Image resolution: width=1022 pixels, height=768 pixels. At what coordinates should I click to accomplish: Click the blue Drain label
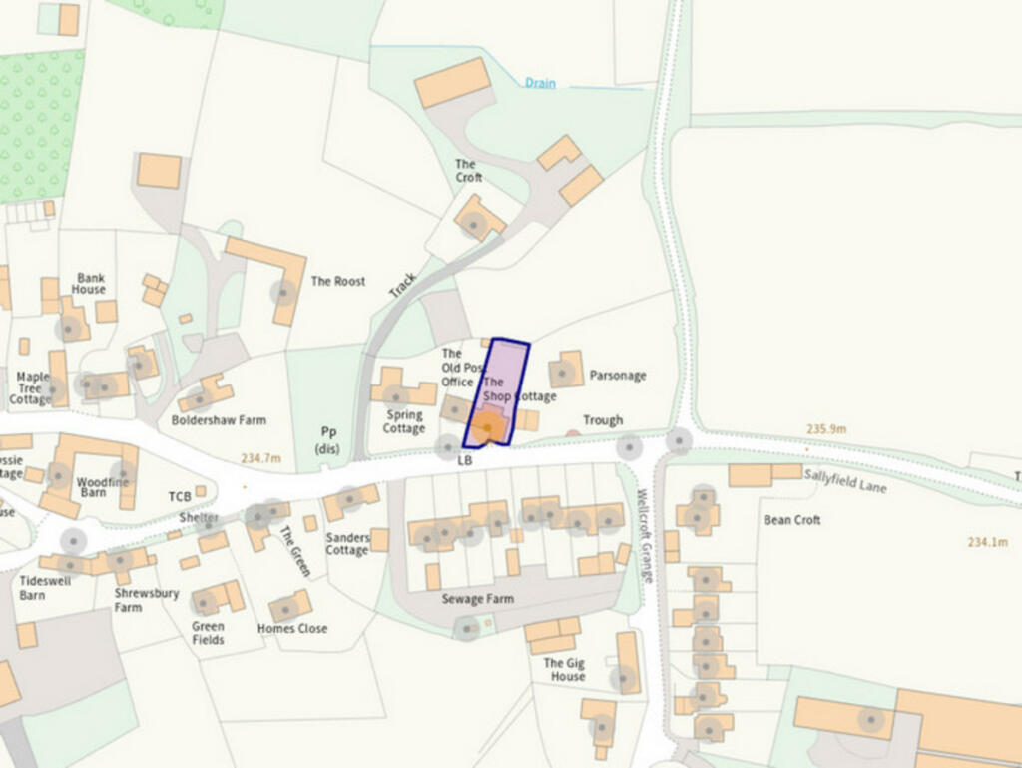(540, 84)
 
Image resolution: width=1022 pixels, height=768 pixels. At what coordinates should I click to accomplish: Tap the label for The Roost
(338, 282)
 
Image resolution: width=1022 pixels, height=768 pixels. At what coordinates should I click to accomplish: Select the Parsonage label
(618, 376)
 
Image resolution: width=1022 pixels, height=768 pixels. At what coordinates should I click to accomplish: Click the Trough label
(603, 420)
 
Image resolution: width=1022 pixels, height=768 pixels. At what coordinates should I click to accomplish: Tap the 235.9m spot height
(826, 429)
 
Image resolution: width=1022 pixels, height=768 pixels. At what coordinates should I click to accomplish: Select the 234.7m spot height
(260, 458)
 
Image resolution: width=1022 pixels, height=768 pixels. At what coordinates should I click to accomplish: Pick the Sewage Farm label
(478, 599)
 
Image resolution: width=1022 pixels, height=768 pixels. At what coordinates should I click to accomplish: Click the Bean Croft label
(792, 520)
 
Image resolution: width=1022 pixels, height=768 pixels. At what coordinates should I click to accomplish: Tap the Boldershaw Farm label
(219, 420)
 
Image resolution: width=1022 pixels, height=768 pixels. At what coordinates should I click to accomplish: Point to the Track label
(402, 285)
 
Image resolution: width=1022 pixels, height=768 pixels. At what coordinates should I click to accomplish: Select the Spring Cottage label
(404, 422)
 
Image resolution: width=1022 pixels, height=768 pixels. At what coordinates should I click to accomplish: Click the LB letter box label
(464, 461)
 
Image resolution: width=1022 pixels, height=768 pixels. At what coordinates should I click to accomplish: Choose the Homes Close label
(292, 629)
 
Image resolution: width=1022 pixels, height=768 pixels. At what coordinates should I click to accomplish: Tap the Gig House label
(564, 670)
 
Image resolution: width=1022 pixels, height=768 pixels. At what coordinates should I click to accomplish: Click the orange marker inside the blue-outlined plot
(489, 428)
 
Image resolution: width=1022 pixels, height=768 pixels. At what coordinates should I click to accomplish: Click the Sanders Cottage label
(347, 544)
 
